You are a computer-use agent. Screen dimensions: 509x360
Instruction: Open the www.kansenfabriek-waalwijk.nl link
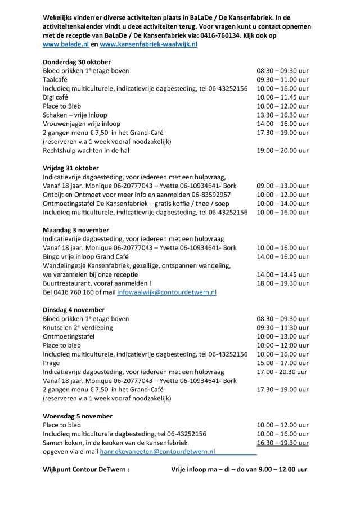[148, 43]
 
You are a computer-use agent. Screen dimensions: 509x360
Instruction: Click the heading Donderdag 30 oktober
[76, 61]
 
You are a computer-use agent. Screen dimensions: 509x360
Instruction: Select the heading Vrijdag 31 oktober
[71, 168]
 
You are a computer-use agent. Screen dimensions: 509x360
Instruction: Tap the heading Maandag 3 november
[75, 229]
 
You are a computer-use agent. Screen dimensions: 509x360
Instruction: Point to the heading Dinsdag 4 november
[74, 309]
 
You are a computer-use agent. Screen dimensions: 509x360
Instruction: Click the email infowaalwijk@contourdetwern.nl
[166, 292]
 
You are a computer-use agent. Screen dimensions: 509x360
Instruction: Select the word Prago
[51, 363]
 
